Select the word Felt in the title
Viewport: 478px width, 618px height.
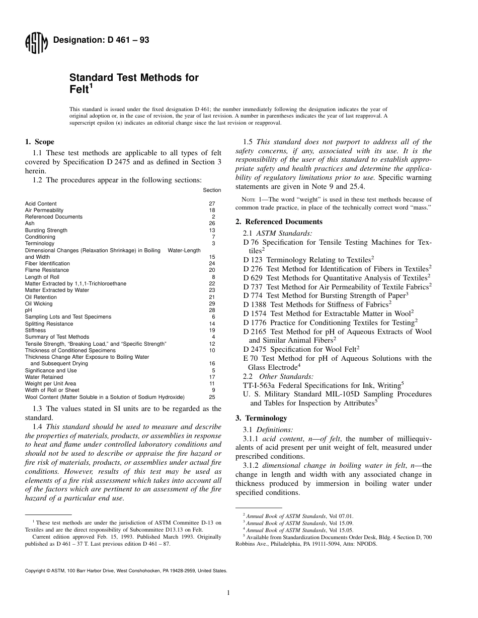pyautogui.click(x=78, y=89)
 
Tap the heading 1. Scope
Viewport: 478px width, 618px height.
pyautogui.click(x=40, y=142)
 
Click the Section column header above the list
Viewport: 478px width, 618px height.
pyautogui.click(x=212, y=190)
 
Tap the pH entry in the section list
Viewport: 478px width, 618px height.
pyautogui.click(x=29, y=310)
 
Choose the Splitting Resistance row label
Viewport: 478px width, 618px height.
pyautogui.click(x=49, y=324)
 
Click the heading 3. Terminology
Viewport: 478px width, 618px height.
pyautogui.click(x=261, y=418)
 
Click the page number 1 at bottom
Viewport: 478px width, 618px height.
pyautogui.click(x=228, y=593)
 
